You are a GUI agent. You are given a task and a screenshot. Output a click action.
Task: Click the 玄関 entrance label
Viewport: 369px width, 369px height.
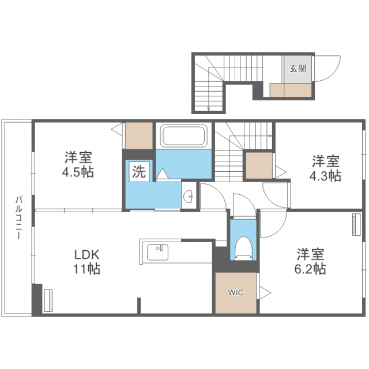tap(298, 69)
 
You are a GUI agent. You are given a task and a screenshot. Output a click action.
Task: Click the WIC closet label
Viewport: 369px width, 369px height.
tap(236, 292)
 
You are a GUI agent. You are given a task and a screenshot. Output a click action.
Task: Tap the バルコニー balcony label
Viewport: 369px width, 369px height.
tap(17, 219)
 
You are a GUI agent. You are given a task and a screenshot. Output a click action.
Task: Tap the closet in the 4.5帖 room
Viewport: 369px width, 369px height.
tap(138, 135)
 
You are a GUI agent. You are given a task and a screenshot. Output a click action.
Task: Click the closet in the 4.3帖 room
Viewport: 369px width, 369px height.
tap(259, 165)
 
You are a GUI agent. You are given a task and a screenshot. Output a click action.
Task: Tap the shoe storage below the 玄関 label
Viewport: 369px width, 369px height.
tap(291, 89)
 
